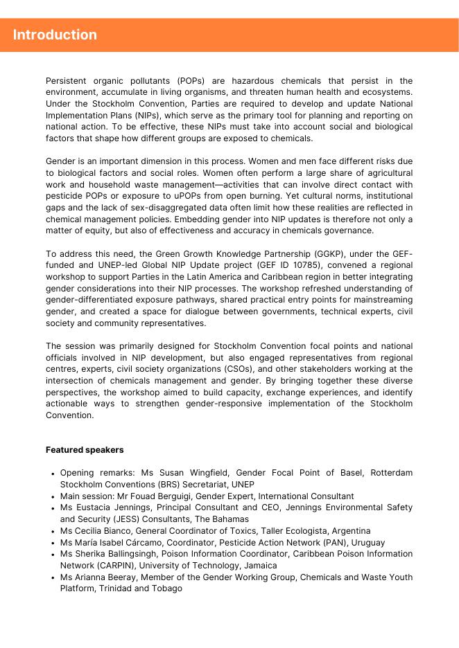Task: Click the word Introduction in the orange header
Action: tap(55, 35)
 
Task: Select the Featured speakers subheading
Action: tap(85, 450)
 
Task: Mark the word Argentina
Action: tap(347, 531)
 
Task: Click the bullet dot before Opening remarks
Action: tap(53, 474)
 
